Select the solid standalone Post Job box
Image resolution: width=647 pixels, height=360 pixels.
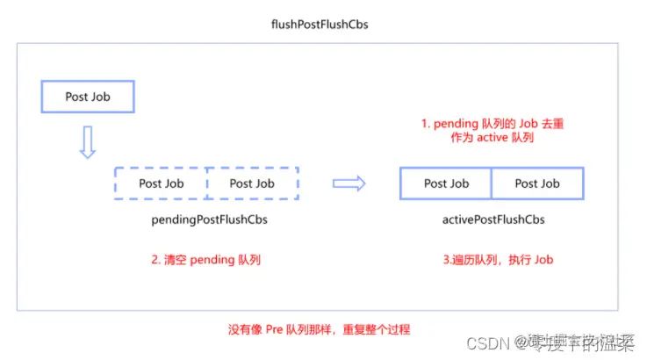(88, 97)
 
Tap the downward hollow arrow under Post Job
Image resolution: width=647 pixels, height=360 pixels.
(87, 141)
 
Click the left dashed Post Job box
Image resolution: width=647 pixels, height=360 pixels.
(161, 184)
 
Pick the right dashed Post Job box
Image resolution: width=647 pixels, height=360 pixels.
(252, 184)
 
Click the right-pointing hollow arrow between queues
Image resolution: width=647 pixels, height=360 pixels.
(349, 184)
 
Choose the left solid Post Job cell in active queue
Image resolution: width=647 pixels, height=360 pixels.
(447, 184)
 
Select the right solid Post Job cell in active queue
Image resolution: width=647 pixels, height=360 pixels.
(537, 184)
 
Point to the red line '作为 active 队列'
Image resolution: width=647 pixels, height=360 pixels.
(492, 140)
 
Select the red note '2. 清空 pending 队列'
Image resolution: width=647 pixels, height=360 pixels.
(206, 260)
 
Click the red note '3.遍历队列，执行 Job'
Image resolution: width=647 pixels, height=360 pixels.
(497, 260)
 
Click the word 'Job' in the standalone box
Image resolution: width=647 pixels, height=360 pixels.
(101, 97)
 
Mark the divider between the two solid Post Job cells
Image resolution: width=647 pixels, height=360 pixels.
(492, 184)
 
